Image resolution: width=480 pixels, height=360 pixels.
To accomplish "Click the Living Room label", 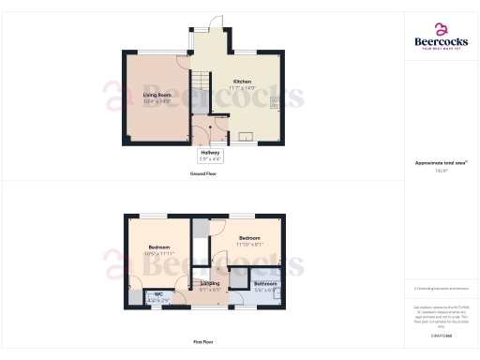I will pos(156,95).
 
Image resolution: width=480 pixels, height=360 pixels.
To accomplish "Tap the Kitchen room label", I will pos(242,82).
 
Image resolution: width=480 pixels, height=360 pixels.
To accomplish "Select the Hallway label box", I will pos(209,157).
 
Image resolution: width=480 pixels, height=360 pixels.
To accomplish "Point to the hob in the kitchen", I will pos(275,103).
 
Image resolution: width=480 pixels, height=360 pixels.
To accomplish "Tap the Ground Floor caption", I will pos(203,174).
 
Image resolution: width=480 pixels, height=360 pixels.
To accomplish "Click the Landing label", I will pos(209,284).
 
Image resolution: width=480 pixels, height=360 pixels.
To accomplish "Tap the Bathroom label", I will pos(265,284).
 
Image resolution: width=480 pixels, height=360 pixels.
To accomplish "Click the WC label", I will pos(158,294).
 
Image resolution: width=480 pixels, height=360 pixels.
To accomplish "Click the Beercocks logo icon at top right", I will pos(442,28).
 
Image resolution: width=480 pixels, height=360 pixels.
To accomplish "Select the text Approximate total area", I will pos(440,163).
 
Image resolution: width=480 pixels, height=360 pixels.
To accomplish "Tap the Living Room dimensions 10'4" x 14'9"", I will pos(156,100).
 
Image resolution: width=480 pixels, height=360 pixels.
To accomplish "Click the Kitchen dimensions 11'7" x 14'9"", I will pos(242,88).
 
